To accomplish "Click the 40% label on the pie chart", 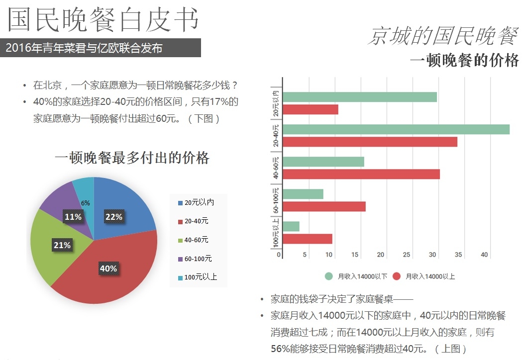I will [108, 269].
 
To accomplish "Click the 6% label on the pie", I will [85, 203].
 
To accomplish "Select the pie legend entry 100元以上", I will [201, 277].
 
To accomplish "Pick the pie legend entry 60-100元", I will [198, 259].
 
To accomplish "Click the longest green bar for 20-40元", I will [396, 129].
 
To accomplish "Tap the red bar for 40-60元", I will [361, 174].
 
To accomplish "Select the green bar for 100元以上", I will [291, 226].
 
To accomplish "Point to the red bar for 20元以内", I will [310, 109].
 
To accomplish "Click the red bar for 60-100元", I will [324, 206].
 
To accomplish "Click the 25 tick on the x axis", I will [407, 255].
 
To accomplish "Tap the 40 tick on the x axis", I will [484, 255].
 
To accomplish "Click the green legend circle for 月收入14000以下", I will [329, 276].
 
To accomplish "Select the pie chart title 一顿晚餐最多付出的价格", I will [132, 158].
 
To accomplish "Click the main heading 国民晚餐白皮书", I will [103, 20].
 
